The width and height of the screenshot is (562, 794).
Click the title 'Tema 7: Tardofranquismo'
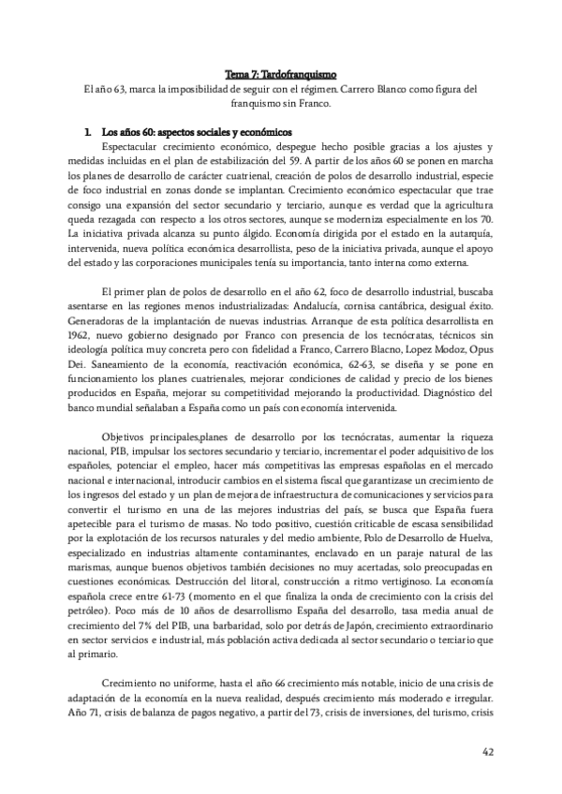(x=280, y=74)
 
